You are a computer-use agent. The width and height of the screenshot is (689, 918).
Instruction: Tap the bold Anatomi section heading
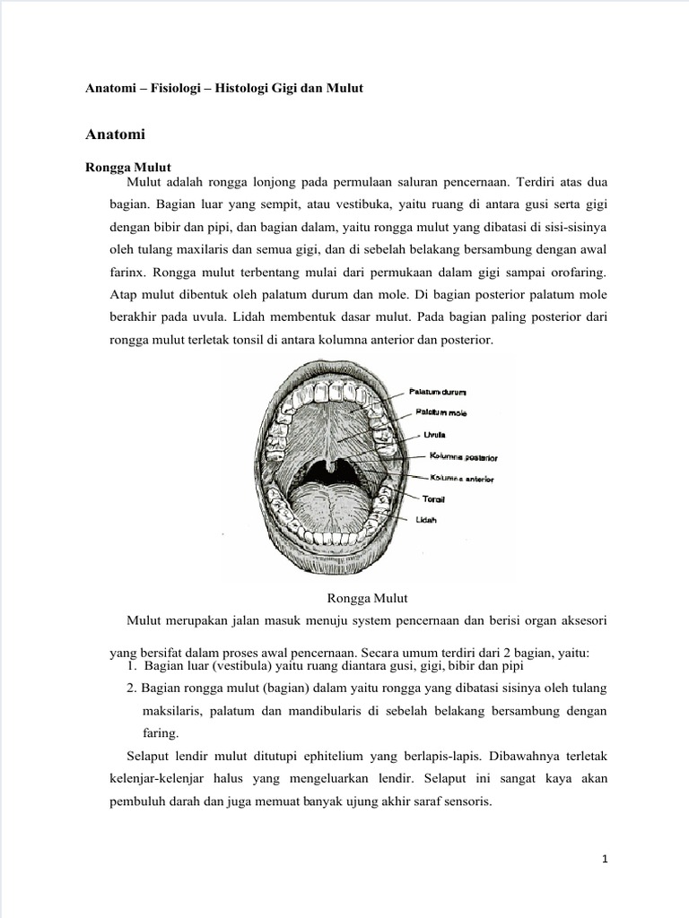point(115,135)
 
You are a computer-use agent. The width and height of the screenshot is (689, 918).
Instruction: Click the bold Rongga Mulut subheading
point(127,167)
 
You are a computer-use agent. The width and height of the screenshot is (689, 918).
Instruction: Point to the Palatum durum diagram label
point(437,392)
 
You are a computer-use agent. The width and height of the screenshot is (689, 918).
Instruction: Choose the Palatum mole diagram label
point(440,412)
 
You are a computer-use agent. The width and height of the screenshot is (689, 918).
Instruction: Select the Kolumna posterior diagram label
point(461,456)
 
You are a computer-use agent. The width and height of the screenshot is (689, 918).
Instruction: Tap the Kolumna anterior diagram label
point(461,478)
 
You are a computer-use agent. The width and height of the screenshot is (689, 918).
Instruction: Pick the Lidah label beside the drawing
point(426,520)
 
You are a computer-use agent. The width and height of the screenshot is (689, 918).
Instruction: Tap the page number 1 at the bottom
point(605,860)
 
